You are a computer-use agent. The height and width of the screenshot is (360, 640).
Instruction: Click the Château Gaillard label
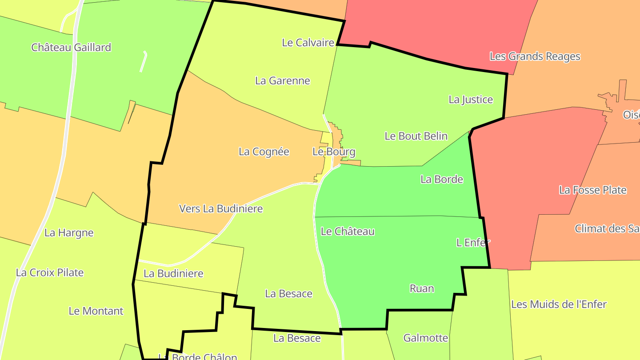[x=71, y=48]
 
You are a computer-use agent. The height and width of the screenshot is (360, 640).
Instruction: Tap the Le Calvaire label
[x=308, y=43]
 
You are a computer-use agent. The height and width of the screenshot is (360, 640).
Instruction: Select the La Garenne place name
[x=283, y=81]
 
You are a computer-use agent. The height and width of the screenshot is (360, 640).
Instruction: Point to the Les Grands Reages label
[x=535, y=56]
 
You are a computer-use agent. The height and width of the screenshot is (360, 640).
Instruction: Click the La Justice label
[x=471, y=100]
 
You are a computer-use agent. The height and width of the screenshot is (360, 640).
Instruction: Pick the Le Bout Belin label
[x=416, y=136]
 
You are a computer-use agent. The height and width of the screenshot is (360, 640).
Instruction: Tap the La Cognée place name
[x=264, y=152]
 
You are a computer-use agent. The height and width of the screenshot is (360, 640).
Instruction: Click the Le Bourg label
[x=334, y=152]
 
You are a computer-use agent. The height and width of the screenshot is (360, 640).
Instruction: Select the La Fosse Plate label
[x=593, y=190]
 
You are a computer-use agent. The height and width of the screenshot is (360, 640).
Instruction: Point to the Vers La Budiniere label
[x=221, y=208]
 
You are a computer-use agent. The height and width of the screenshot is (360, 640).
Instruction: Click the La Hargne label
[x=69, y=233]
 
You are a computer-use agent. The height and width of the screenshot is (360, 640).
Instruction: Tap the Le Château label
[x=348, y=232]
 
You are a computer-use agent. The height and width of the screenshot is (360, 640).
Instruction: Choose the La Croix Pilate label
[x=50, y=273]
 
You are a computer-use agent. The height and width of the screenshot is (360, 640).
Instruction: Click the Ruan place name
[x=422, y=289]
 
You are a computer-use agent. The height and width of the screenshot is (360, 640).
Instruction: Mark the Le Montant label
[x=96, y=311]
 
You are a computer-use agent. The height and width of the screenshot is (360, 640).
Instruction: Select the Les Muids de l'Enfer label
[x=559, y=304]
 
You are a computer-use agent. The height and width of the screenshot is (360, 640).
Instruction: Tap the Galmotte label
[x=426, y=338]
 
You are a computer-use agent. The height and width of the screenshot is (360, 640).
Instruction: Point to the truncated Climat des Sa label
[x=607, y=229]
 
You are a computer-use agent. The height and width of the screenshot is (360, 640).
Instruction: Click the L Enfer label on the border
[x=473, y=243]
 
